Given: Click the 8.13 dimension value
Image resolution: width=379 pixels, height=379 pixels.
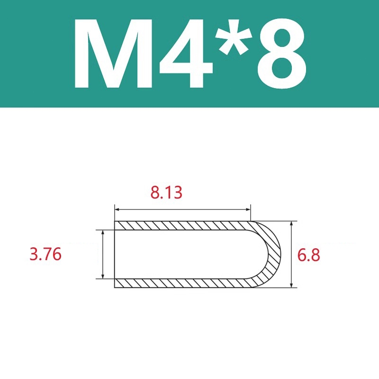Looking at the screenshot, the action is [166, 193].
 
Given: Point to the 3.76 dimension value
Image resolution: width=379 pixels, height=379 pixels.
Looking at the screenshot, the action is [45, 254].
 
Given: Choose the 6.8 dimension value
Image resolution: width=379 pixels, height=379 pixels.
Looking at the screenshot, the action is [309, 254].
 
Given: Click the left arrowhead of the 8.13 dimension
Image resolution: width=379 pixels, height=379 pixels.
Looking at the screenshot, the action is [117, 209].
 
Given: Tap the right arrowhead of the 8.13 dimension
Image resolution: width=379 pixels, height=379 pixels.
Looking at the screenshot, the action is [248, 209].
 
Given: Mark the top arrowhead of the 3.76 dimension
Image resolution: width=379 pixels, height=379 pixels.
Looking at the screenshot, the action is [103, 233].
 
